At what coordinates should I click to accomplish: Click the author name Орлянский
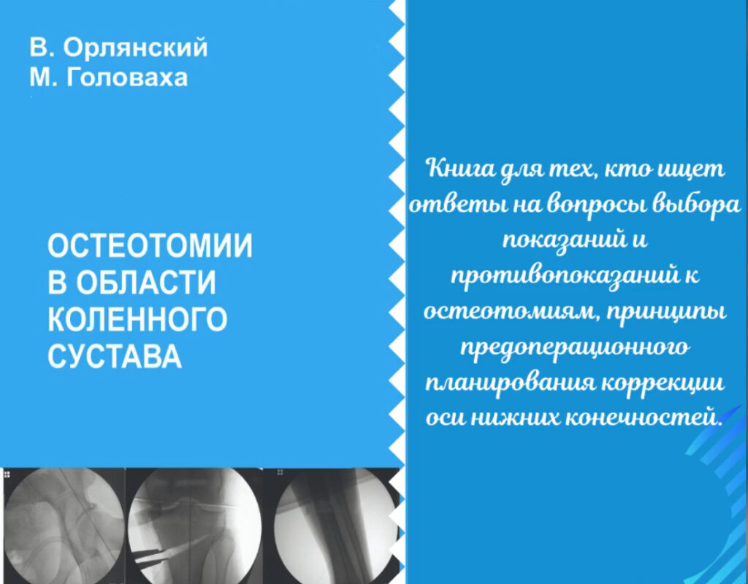135,47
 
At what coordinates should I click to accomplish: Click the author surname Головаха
127,77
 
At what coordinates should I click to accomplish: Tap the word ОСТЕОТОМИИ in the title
150,246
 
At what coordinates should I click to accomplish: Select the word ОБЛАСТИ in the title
146,283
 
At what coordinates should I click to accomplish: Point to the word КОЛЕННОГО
137,319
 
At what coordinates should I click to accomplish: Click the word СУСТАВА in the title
115,356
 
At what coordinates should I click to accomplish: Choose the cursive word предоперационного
575,347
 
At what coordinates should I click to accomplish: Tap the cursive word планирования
510,384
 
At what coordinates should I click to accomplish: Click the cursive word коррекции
664,384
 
